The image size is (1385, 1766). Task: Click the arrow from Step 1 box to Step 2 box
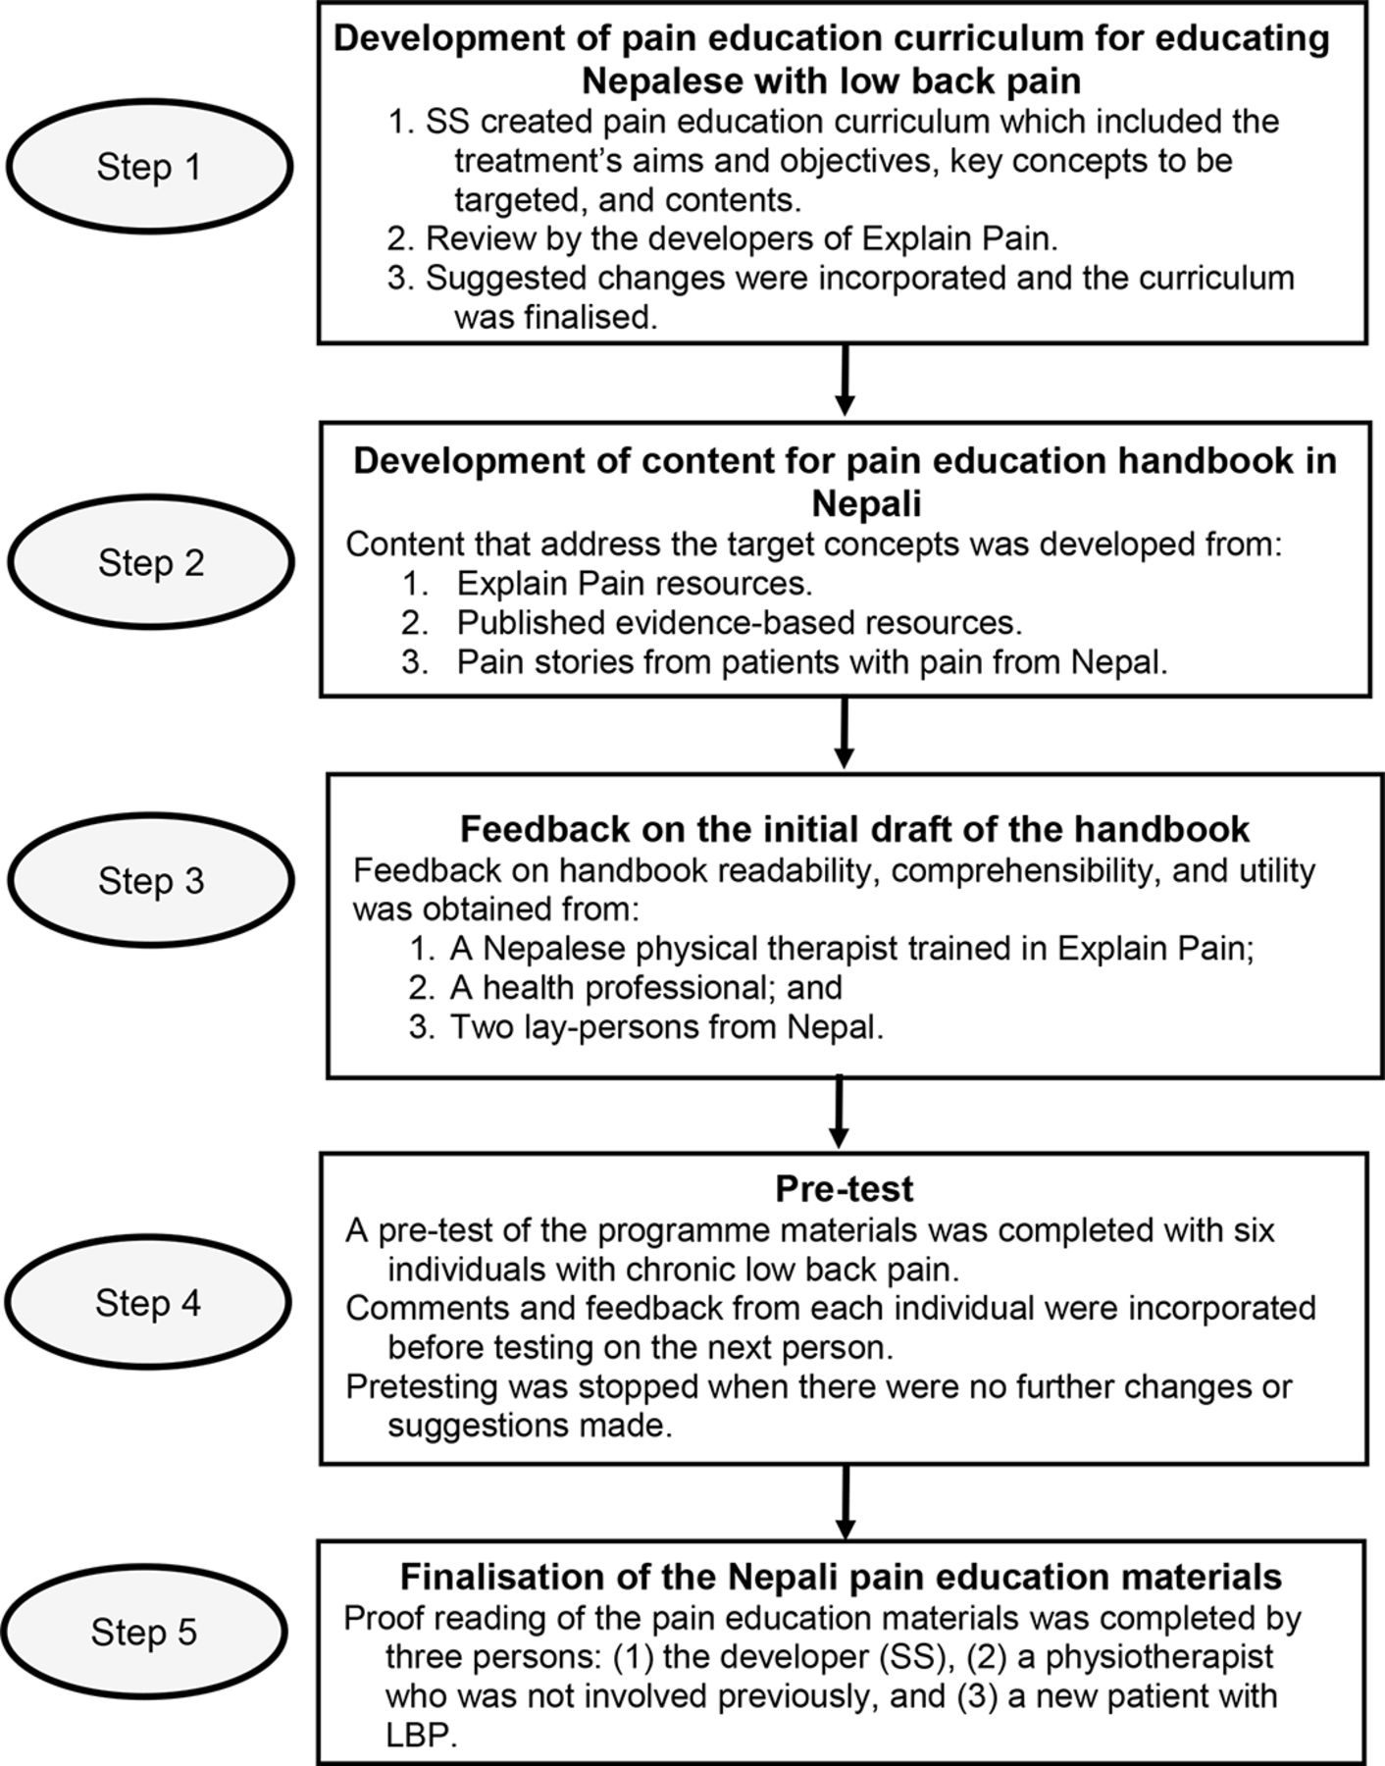pos(844,380)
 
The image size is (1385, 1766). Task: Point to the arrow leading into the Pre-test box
pos(840,1113)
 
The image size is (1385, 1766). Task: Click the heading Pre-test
pos(844,1188)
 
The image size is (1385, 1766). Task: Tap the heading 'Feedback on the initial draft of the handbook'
pos(854,829)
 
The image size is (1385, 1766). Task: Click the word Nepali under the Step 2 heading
pos(866,504)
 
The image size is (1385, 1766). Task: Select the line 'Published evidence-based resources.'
pos(739,623)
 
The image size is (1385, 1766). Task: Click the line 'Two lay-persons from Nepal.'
pos(667,1027)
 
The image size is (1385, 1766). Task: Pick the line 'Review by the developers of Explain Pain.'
pos(742,238)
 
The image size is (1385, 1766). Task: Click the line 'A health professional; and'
pos(646,987)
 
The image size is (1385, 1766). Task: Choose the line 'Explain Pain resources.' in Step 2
pos(635,584)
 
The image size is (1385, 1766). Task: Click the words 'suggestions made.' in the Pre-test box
pos(530,1426)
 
